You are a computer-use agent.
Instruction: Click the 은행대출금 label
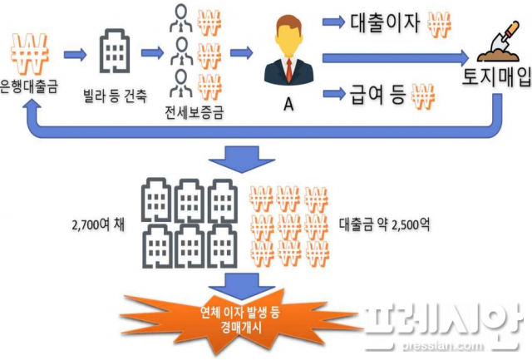[29, 87]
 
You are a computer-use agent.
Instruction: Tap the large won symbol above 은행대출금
[30, 53]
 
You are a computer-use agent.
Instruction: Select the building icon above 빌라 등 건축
[115, 52]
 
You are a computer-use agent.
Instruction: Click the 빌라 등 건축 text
[115, 96]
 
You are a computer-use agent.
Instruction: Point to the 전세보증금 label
[195, 112]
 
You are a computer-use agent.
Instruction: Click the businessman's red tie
[288, 70]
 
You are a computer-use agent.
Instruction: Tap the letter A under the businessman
[288, 104]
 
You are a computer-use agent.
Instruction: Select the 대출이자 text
[385, 23]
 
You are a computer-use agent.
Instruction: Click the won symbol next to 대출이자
[439, 25]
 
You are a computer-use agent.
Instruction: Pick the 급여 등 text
[377, 94]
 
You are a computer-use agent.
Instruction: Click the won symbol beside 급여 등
[423, 96]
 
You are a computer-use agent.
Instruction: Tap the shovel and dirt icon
[498, 42]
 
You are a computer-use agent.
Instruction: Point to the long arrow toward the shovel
[396, 57]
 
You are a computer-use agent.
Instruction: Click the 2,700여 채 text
[98, 224]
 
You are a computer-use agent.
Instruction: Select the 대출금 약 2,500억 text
[384, 224]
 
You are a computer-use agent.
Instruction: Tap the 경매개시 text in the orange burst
[240, 328]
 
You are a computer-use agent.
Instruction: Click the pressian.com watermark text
[442, 345]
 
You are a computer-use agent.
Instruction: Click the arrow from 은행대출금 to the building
[75, 53]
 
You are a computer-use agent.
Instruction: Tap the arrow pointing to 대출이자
[333, 22]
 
